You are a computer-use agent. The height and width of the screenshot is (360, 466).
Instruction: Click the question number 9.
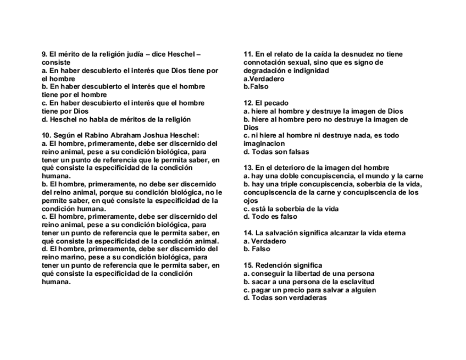(x=45, y=54)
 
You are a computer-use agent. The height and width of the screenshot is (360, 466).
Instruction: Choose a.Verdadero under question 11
(x=264, y=79)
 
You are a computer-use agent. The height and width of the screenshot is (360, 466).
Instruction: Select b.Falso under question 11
(x=256, y=87)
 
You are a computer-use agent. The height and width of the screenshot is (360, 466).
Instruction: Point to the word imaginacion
(x=264, y=143)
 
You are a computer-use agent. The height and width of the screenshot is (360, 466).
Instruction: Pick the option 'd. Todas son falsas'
(x=276, y=152)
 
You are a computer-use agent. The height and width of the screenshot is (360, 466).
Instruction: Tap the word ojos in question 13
(x=251, y=201)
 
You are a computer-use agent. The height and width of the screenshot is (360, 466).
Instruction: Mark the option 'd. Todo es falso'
(x=270, y=217)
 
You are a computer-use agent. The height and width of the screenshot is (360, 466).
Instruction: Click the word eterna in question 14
(x=393, y=233)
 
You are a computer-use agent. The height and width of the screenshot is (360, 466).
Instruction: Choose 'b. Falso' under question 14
(x=257, y=249)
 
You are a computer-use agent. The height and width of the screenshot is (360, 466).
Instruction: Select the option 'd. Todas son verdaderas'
(x=285, y=298)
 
